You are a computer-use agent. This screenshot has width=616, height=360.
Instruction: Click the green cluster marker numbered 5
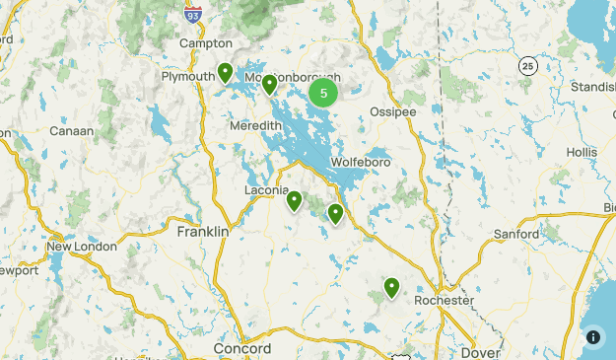pos(323,94)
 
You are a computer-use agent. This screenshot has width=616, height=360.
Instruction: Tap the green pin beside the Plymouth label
pos(226,73)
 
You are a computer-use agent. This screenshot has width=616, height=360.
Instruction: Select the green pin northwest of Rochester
pos(391,287)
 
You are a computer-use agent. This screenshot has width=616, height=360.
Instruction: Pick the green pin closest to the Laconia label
pos(294,201)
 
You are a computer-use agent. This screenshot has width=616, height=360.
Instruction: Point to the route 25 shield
pos(529,65)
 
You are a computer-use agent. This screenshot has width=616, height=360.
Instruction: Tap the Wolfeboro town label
pos(361,161)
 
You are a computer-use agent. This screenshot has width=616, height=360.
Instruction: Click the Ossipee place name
pos(392,111)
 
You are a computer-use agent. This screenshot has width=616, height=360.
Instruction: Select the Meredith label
pos(255,128)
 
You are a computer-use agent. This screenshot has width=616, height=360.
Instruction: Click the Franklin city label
pos(202,232)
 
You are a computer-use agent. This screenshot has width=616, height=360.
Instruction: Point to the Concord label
pos(242,350)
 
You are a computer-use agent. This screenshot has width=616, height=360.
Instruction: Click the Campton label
pos(206,43)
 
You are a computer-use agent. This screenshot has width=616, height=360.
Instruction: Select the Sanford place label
pos(516,234)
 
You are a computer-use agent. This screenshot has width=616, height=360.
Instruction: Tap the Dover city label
pos(481,352)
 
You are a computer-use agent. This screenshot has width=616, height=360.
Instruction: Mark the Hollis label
pos(582,153)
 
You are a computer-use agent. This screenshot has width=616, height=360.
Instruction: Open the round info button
pos(592,336)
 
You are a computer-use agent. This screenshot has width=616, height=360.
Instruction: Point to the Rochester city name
pos(444,300)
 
